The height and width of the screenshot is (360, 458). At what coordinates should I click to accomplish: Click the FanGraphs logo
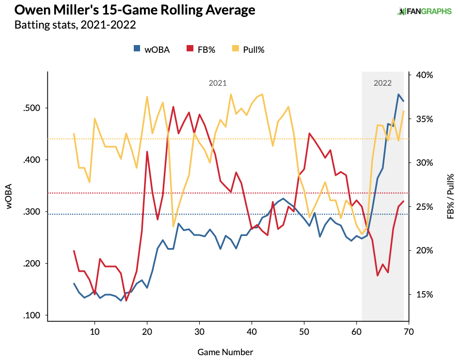pyautogui.click(x=424, y=11)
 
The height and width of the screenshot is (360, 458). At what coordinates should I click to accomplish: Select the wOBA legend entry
pyautogui.click(x=152, y=49)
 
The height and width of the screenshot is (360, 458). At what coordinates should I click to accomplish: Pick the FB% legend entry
pyautogui.click(x=200, y=49)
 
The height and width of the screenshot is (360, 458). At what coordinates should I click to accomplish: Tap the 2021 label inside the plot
pyautogui.click(x=218, y=83)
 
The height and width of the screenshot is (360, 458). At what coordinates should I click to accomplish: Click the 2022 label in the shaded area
pyautogui.click(x=382, y=83)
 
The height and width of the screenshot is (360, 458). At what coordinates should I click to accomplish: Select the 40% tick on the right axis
pyautogui.click(x=423, y=75)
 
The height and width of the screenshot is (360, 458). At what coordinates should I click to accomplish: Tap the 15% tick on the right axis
pyautogui.click(x=423, y=295)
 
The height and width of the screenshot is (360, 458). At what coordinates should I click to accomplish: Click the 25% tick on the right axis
pyautogui.click(x=423, y=207)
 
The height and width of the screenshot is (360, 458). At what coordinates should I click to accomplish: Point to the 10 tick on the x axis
pyautogui.click(x=95, y=332)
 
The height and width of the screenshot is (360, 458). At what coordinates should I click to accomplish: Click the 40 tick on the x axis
pyautogui.click(x=252, y=332)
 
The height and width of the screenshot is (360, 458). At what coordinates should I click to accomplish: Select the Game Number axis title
pyautogui.click(x=225, y=352)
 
